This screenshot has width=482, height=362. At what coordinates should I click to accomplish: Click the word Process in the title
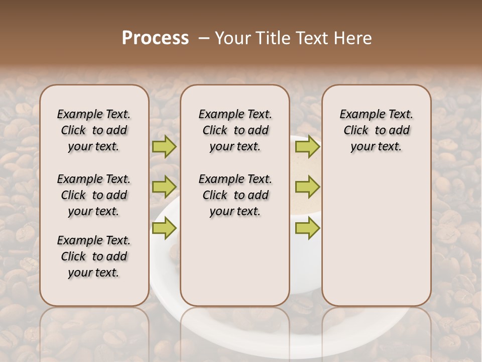[155, 38]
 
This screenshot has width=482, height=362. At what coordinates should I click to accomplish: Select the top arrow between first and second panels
[164, 146]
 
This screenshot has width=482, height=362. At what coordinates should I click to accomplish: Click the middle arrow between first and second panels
[164, 187]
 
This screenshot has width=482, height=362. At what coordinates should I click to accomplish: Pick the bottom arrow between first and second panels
[164, 228]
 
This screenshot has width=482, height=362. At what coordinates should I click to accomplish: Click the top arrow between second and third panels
[307, 146]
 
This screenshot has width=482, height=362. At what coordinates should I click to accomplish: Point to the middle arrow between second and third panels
[307, 187]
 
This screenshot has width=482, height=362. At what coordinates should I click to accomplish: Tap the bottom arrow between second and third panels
[307, 228]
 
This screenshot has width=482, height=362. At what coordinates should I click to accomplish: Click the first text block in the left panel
[94, 130]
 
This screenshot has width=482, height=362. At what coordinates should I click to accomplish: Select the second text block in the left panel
[94, 195]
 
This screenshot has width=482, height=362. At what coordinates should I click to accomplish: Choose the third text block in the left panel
[94, 256]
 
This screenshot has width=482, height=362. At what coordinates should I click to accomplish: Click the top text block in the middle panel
[235, 130]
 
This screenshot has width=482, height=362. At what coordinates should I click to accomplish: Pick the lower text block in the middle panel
[235, 195]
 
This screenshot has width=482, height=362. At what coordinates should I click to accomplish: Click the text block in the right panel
[376, 130]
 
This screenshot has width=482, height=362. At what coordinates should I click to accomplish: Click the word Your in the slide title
[232, 38]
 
